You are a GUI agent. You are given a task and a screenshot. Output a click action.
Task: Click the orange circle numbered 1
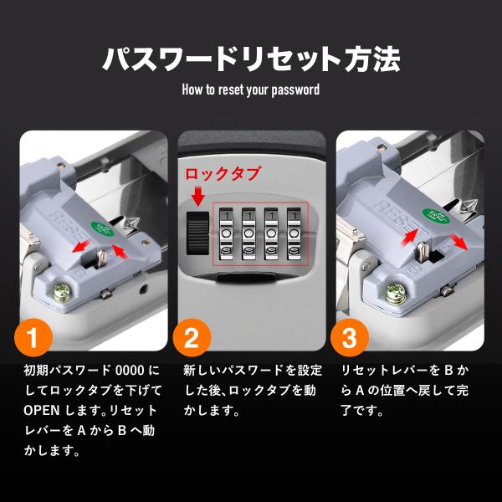point(32,338)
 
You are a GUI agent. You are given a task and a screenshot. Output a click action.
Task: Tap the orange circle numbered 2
point(191,338)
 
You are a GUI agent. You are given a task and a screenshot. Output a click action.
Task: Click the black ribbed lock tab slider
point(197,230)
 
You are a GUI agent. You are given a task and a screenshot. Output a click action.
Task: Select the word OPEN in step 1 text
point(39,410)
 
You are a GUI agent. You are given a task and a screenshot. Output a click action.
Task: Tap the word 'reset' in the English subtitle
point(233,89)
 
